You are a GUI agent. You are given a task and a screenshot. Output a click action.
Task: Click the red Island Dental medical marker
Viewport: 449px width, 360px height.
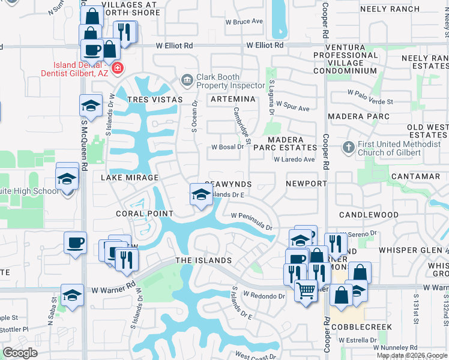[117, 68]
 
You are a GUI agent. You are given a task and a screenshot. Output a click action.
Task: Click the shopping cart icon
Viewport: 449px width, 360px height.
[306, 291]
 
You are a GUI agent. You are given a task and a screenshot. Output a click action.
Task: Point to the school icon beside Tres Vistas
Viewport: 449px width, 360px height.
[91, 106]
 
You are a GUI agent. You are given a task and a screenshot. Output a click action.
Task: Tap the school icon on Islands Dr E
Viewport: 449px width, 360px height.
[201, 194]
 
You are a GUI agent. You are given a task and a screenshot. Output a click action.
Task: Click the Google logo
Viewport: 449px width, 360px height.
[20, 353]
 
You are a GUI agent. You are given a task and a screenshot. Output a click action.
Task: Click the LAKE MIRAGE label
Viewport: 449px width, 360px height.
[130, 178]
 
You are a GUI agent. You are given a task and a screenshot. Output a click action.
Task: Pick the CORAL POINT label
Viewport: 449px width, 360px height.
[145, 214]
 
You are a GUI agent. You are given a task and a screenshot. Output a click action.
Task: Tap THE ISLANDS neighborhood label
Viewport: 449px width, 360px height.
[203, 260]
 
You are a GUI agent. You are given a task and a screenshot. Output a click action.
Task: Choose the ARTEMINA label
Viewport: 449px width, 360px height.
[232, 98]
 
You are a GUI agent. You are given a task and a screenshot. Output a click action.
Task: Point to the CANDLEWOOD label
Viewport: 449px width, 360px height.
[369, 214]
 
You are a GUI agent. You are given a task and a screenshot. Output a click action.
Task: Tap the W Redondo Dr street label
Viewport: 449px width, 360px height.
[264, 296]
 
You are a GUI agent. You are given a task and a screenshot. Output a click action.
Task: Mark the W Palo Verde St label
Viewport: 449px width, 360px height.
[370, 93]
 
